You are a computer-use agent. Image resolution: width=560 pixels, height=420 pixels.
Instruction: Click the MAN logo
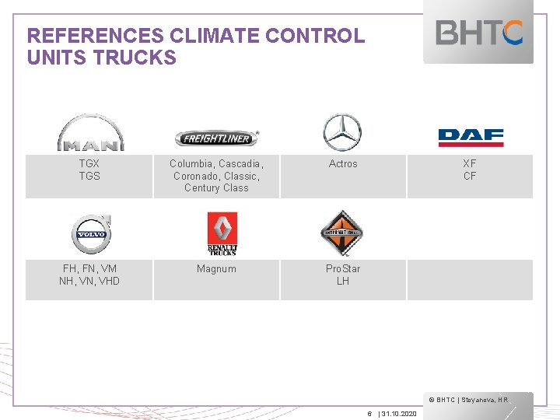[89, 132]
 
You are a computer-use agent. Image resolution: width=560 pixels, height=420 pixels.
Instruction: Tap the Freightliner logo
[216, 138]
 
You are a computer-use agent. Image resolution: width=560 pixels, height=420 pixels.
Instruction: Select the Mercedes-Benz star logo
[342, 131]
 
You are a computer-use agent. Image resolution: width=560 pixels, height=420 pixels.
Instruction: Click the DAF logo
[471, 138]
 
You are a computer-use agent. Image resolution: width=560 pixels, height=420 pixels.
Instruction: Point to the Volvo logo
[90, 233]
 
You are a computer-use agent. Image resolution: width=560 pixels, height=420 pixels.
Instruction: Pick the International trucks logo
[342, 233]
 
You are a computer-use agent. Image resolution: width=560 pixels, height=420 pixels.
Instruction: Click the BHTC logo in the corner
[479, 33]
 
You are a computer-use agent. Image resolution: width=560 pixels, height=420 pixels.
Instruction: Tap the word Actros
[343, 164]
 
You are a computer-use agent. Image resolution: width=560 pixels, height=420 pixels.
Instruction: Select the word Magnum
[216, 269]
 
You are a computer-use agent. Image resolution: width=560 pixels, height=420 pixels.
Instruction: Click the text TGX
[89, 164]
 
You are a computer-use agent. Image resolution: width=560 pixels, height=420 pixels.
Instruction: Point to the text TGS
[89, 176]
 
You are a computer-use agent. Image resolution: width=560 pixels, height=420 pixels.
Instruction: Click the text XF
[470, 164]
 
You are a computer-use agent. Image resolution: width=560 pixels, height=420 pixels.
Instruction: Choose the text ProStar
[343, 269]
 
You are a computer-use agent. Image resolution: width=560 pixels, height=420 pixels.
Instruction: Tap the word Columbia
[191, 164]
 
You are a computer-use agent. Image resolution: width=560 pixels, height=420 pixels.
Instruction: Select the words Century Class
[216, 188]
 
